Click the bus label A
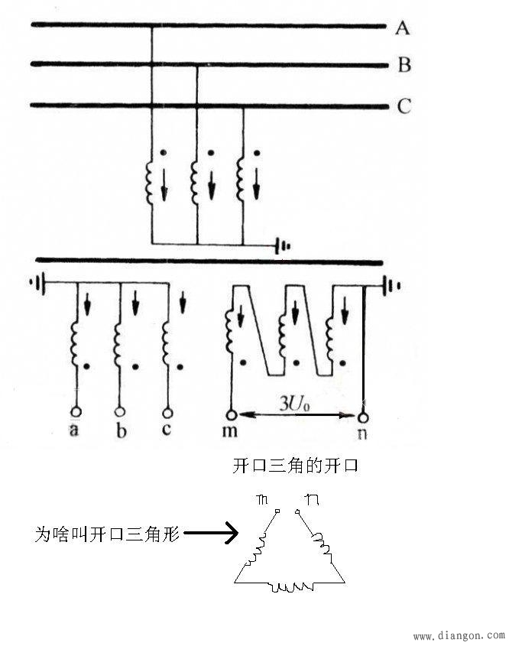pos(403,28)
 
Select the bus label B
pos(404,66)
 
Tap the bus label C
pos(404,106)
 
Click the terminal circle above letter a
pos(76,411)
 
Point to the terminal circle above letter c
pos(166,411)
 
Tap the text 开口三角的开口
pos(295,466)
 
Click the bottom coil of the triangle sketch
pos(289,587)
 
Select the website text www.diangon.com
pos(459,635)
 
